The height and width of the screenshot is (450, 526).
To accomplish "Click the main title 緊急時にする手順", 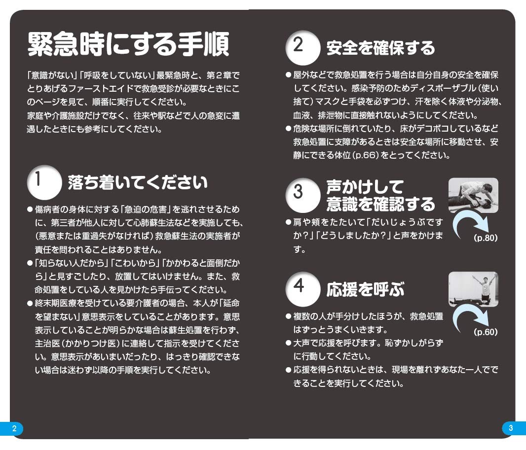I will pos(128,46).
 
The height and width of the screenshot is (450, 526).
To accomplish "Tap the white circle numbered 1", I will pos(43,182).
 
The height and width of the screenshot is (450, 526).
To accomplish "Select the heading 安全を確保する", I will pos(380,48).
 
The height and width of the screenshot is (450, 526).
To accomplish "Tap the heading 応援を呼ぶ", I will pos(365,290).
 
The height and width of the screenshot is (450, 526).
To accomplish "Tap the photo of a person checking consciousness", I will pos(473,195).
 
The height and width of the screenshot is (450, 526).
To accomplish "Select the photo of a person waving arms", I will pos(473,289).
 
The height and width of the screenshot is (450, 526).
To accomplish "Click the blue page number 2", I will pos(14,428).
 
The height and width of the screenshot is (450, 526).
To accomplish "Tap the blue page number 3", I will pos(511,428).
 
